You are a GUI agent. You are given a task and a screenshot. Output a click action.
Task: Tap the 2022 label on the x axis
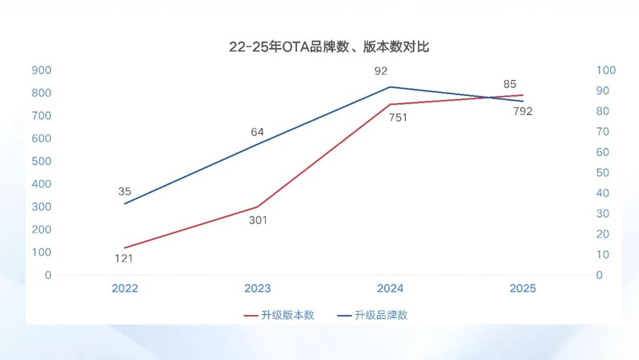tap(125, 288)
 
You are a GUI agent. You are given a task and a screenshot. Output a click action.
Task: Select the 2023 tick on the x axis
tap(258, 288)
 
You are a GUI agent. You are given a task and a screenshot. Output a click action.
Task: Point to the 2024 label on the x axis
tap(390, 288)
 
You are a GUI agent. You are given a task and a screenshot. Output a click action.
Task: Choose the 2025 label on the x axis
tap(523, 288)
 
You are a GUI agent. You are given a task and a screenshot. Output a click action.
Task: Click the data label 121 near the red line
tap(123, 258)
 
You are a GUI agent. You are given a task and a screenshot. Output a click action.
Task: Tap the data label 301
tap(258, 221)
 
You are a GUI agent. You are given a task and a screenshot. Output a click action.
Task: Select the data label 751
tap(397, 117)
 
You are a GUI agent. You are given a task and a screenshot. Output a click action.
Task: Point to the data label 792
tap(523, 111)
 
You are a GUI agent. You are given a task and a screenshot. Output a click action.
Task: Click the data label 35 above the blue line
tap(125, 191)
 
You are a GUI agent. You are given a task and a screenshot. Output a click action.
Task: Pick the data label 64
tap(258, 132)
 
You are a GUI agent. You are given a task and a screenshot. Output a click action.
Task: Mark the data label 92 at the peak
tap(381, 71)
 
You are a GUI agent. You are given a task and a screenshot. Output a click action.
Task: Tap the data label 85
tap(510, 84)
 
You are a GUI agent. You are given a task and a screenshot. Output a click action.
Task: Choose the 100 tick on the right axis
tap(606, 70)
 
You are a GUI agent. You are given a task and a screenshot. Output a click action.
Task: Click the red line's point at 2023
tap(258, 207)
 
